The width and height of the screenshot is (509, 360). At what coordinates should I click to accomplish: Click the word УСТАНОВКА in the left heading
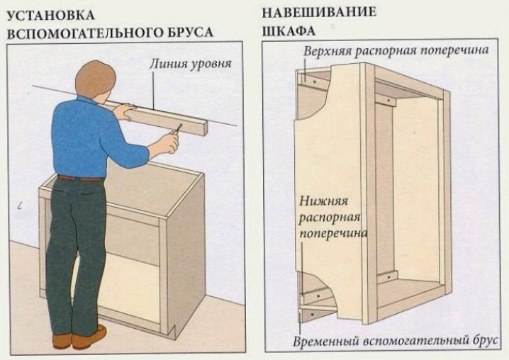tap(50, 16)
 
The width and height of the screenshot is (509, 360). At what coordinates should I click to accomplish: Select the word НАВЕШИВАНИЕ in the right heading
tap(319, 12)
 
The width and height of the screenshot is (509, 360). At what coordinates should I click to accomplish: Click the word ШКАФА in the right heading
tap(289, 31)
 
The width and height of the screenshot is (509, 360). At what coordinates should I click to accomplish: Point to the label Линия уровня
tap(191, 63)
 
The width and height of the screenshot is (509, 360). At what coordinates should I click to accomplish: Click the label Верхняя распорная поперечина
tap(396, 50)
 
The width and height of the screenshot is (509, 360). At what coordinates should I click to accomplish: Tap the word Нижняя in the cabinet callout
tap(323, 201)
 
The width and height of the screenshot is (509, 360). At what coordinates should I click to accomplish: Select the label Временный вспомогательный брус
tap(395, 341)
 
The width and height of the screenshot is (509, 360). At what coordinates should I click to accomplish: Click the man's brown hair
tap(96, 78)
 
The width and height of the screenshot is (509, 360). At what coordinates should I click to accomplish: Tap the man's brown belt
tap(81, 178)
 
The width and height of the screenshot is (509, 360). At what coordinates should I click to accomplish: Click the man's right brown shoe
tap(89, 337)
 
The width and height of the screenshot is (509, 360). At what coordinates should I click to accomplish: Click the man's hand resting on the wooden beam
tap(124, 111)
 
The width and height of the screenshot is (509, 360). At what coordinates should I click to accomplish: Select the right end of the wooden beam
tap(205, 129)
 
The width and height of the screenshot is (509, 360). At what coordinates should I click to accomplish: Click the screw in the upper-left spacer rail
tap(314, 81)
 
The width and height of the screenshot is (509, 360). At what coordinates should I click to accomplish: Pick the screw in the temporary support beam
tap(313, 314)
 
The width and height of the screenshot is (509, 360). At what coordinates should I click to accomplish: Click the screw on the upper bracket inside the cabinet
tap(388, 101)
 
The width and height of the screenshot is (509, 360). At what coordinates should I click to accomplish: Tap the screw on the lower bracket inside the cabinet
tap(388, 277)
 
